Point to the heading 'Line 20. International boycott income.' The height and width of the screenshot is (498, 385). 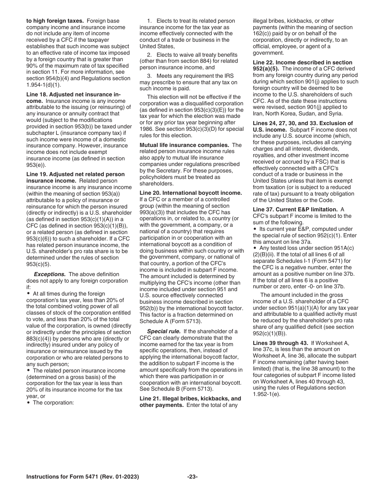point(190,193)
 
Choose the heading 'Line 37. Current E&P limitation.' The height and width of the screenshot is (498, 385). point(295,209)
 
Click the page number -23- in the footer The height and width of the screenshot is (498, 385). point(192,477)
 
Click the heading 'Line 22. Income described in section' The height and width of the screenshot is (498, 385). point(302,62)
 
